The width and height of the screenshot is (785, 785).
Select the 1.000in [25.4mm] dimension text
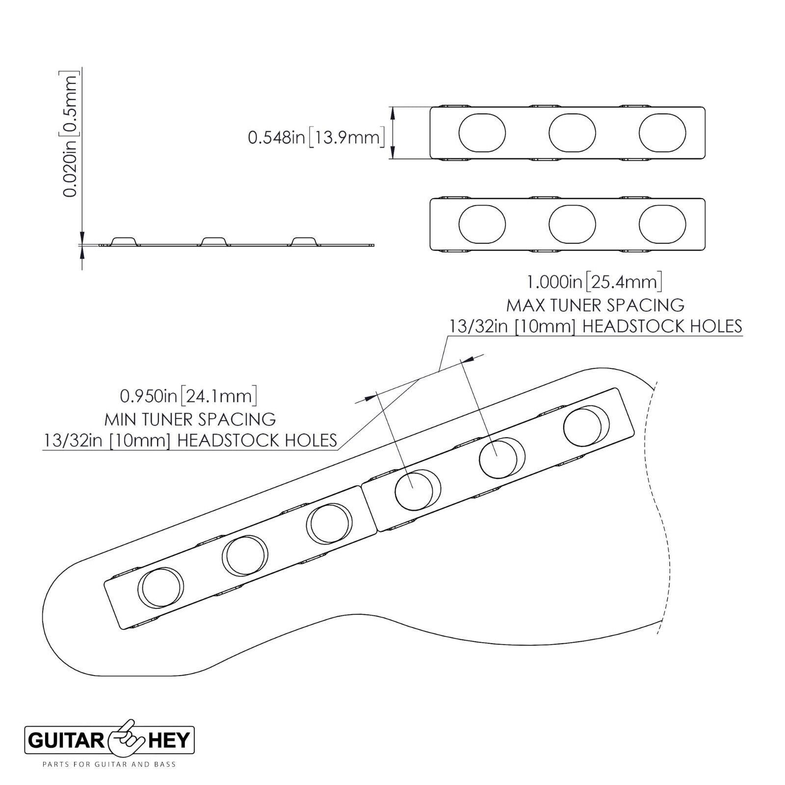(x=595, y=282)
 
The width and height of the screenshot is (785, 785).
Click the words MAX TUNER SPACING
(x=595, y=305)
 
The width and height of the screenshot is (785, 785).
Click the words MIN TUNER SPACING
(x=190, y=419)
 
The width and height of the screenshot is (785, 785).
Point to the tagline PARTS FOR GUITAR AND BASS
(x=109, y=764)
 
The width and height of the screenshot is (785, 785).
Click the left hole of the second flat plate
(x=482, y=224)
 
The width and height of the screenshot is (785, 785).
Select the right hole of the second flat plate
(x=662, y=224)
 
